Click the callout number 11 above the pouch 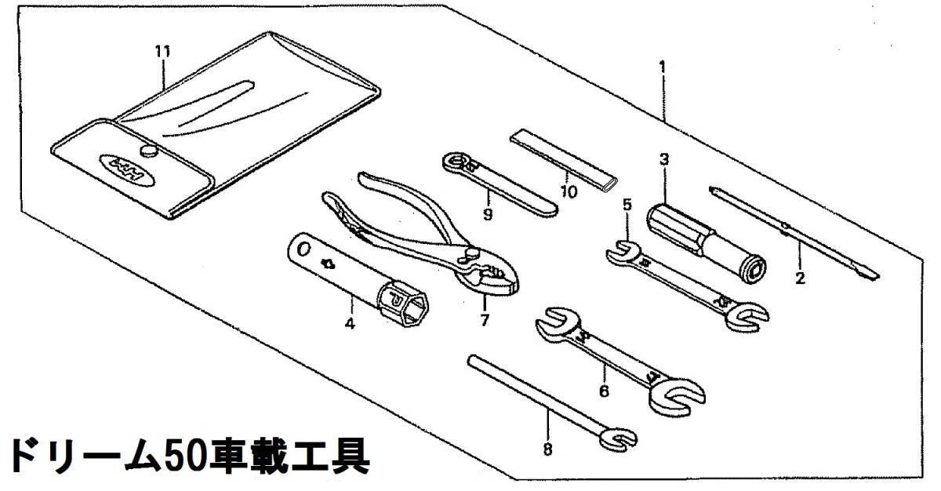click(x=162, y=52)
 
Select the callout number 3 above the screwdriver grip click(x=663, y=159)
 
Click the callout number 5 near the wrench click(x=627, y=205)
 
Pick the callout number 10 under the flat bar click(x=569, y=191)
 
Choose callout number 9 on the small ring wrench click(x=487, y=213)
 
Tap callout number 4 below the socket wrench click(x=351, y=322)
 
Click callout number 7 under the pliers click(x=485, y=320)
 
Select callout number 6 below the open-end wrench click(x=604, y=390)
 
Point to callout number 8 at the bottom click(x=547, y=449)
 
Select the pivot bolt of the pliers click(x=473, y=253)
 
